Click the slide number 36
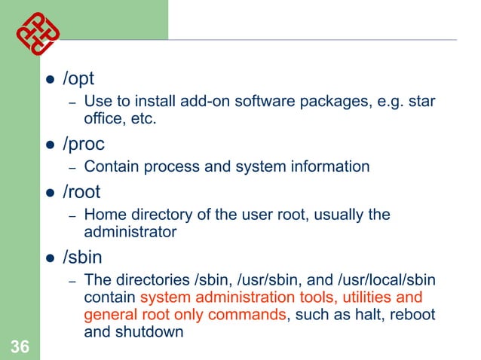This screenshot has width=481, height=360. point(20,346)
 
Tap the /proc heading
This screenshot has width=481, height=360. point(84,143)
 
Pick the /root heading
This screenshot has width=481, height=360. point(81,191)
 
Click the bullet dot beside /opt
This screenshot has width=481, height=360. point(50,80)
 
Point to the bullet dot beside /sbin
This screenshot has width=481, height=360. point(50,257)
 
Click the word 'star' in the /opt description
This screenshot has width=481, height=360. point(420,102)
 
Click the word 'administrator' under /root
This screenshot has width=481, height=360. point(130,231)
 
